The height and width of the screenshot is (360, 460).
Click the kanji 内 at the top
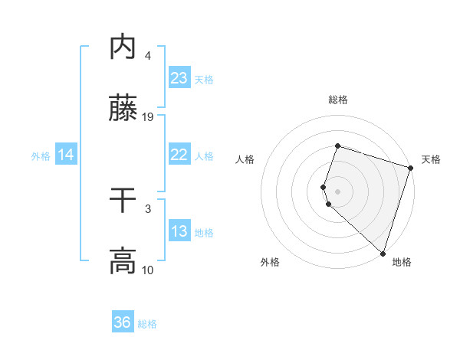[x=123, y=48]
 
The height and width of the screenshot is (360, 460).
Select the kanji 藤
[x=123, y=109]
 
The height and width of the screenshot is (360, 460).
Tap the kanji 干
[x=123, y=201]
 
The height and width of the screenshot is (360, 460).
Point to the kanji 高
[x=123, y=261]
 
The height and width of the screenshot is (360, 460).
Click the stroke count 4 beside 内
[x=147, y=56]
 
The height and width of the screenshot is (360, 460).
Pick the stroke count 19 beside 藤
[x=149, y=116]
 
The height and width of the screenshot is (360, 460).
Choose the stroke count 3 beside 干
[x=147, y=208]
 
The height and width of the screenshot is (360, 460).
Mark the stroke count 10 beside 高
[x=149, y=269]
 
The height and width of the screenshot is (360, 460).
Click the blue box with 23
[x=179, y=78]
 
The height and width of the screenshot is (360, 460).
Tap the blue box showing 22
[x=179, y=155]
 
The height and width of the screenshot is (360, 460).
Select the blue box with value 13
[x=179, y=231]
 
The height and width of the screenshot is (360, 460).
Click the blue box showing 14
[x=66, y=155]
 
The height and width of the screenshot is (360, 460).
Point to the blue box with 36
[x=123, y=322]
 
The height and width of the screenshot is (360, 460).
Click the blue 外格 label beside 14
[x=41, y=155]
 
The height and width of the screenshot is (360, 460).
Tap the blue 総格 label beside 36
[x=147, y=324]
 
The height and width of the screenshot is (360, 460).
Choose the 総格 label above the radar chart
[x=337, y=100]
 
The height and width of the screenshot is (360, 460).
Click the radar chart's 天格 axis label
[x=431, y=159]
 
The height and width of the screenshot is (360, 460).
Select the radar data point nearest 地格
[x=383, y=253]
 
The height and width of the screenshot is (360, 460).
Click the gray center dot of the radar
[x=337, y=191]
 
